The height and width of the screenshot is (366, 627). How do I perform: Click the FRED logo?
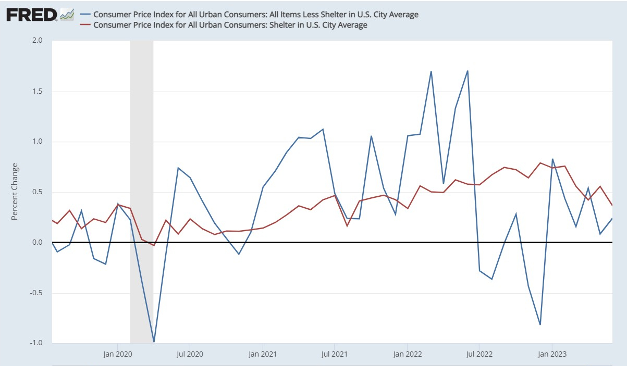point(31,15)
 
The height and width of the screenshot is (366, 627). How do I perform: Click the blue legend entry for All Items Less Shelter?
point(255,15)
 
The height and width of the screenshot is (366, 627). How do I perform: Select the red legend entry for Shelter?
point(230,25)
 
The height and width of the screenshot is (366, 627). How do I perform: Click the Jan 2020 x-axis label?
point(117,355)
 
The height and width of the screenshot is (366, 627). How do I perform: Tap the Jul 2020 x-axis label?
point(190,355)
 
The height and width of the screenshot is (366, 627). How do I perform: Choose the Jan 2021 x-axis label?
point(262,355)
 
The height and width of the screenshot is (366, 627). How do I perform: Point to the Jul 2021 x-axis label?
point(334,355)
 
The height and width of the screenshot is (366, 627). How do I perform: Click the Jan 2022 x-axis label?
point(407,355)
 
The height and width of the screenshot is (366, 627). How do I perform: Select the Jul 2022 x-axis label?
point(478,355)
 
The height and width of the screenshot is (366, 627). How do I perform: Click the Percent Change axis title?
point(15,192)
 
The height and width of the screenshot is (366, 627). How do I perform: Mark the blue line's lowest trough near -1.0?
point(154,342)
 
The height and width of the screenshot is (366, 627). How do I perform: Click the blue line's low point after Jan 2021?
point(540,324)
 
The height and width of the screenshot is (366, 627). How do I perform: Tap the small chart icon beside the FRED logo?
point(67,15)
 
